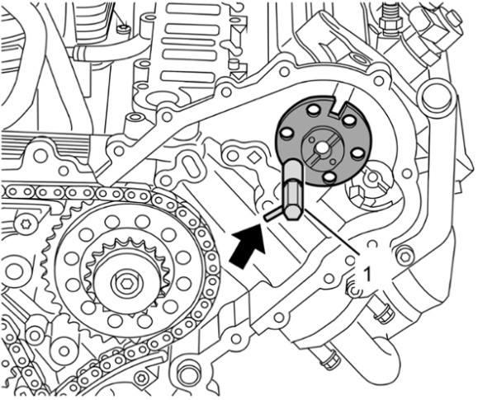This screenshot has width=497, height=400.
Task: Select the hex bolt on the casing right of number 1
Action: (405, 256)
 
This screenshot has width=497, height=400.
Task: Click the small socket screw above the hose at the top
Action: (123, 30)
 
